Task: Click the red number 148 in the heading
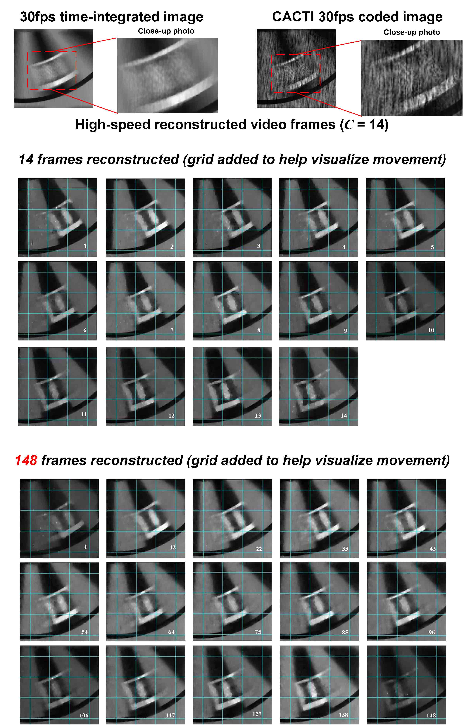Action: [x=26, y=460]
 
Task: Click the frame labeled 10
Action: [x=405, y=301]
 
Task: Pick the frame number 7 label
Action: [x=172, y=330]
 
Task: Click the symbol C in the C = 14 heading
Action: [x=349, y=125]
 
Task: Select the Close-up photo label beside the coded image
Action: [x=412, y=32]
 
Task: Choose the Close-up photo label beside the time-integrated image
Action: [x=166, y=31]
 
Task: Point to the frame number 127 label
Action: [x=257, y=714]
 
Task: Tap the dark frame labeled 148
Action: [x=406, y=685]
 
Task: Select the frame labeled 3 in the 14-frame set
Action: [x=232, y=217]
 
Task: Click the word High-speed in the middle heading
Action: [x=113, y=125]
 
